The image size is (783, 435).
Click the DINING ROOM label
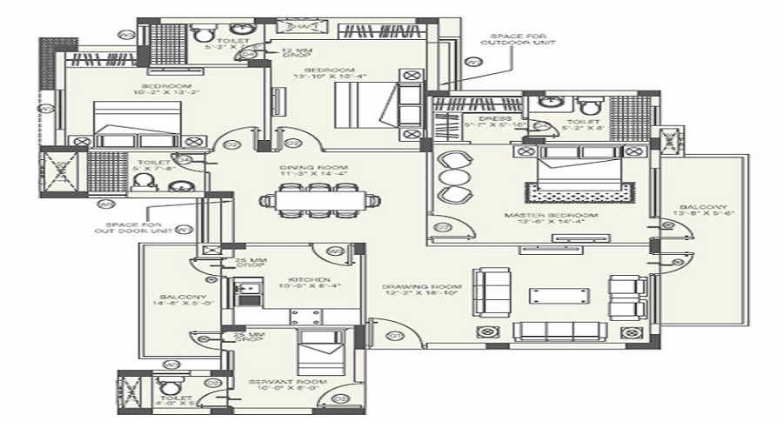(314, 167)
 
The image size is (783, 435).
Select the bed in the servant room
(319, 351)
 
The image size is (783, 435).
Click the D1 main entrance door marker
(393, 335)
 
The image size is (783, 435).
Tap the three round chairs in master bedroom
(453, 177)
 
